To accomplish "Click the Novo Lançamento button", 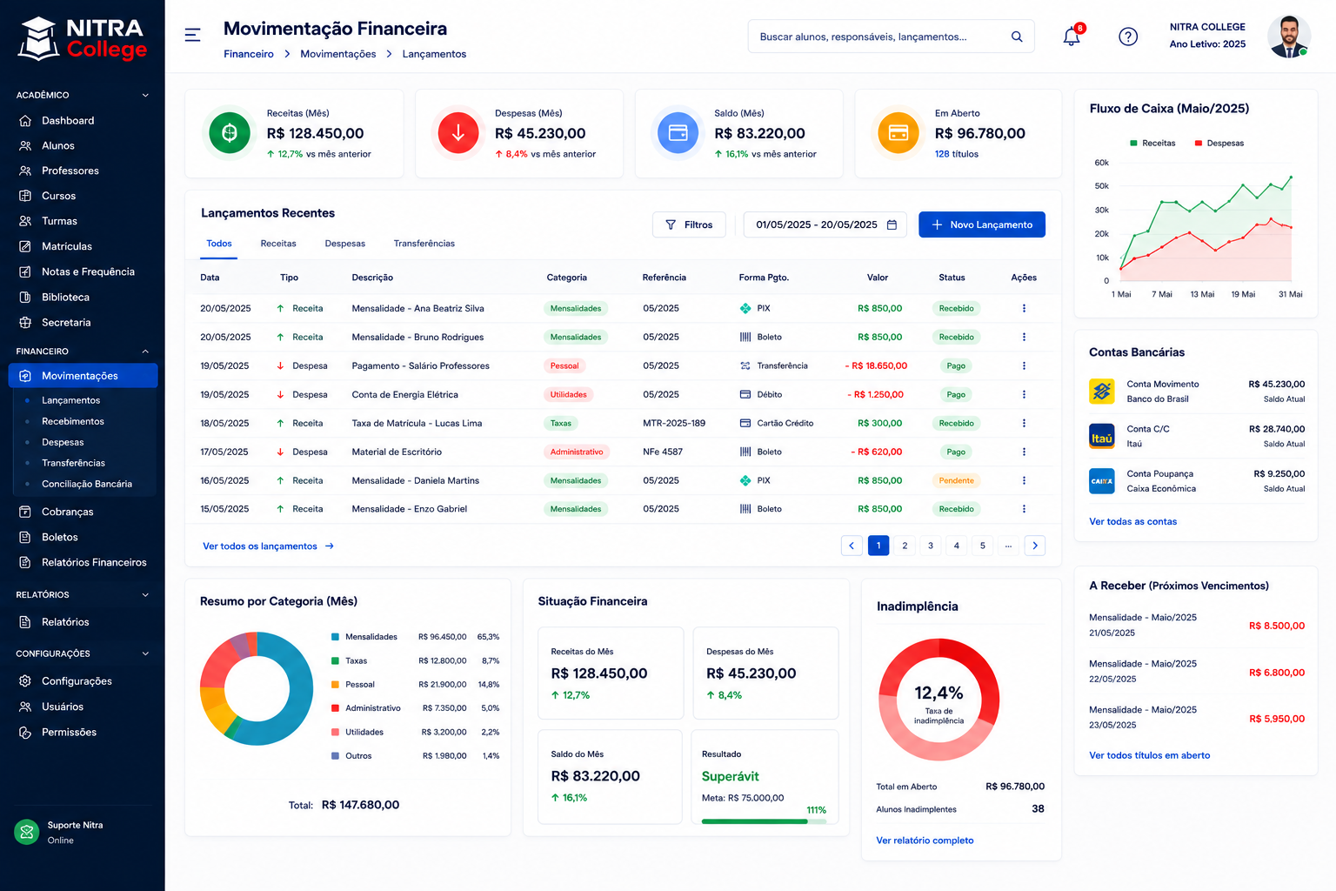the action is pyautogui.click(x=982, y=224).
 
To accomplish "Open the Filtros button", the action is pyautogui.click(x=689, y=224).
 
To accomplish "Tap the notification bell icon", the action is pyautogui.click(x=1072, y=37).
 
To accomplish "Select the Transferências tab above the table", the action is pyautogui.click(x=424, y=244).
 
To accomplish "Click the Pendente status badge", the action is pyautogui.click(x=956, y=480).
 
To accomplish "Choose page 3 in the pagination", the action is pyautogui.click(x=931, y=546).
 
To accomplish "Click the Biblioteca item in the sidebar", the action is pyautogui.click(x=65, y=298).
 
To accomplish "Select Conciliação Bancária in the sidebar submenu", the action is pyautogui.click(x=87, y=484).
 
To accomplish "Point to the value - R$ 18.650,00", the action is pyautogui.click(x=876, y=365).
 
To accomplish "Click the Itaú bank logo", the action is pyautogui.click(x=1102, y=436).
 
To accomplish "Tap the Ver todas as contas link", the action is pyautogui.click(x=1132, y=521).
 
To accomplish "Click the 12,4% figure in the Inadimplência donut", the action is pyautogui.click(x=939, y=693).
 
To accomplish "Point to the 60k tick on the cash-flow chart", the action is pyautogui.click(x=1102, y=163).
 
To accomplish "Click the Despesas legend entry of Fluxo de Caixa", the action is pyautogui.click(x=1219, y=144).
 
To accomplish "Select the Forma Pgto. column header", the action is pyautogui.click(x=764, y=278).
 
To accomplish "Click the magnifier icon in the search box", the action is pyautogui.click(x=1017, y=37).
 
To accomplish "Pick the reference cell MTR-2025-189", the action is pyautogui.click(x=674, y=423).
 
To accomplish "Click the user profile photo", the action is pyautogui.click(x=1288, y=37).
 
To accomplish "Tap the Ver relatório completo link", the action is pyautogui.click(x=925, y=841).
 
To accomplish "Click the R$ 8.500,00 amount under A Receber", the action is pyautogui.click(x=1276, y=626).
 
